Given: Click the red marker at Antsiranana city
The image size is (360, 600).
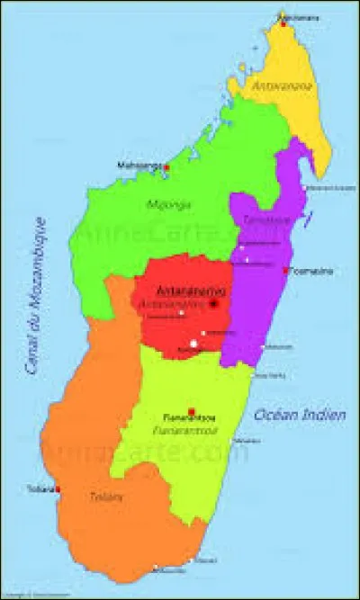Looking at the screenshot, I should (283, 24).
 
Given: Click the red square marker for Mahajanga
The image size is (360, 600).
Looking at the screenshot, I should (166, 167).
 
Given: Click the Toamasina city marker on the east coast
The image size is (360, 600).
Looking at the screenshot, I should (285, 271).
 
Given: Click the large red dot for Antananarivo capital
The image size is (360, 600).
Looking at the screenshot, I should (214, 303).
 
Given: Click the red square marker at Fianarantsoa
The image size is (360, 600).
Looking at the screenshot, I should (191, 411).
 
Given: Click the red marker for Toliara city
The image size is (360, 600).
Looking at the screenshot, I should (58, 489).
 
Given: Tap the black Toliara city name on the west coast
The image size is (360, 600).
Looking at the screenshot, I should (41, 489).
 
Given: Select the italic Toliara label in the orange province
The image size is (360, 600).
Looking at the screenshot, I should (101, 496).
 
